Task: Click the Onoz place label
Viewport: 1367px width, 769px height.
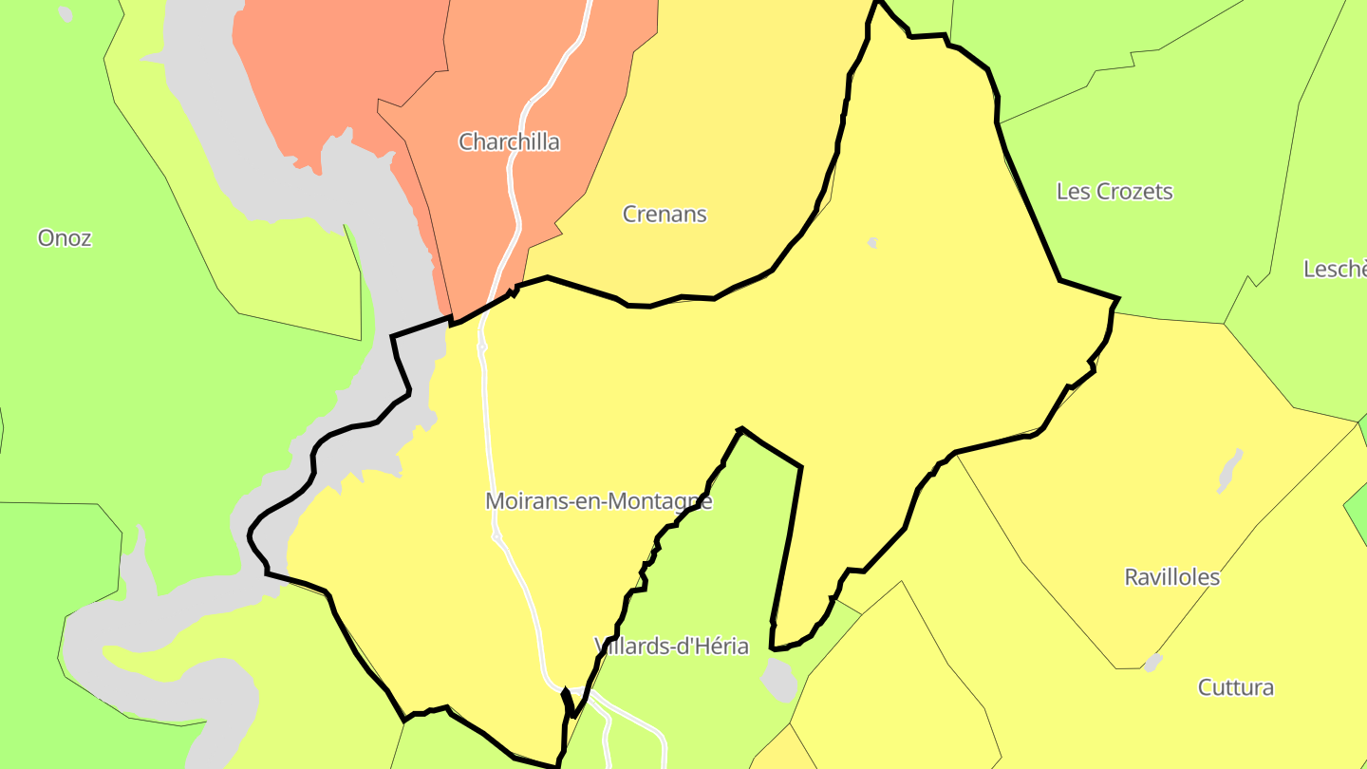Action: click(65, 237)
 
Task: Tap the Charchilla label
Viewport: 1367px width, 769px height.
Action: click(509, 142)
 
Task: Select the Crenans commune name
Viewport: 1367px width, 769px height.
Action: click(665, 215)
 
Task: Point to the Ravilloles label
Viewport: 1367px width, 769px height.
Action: click(1171, 577)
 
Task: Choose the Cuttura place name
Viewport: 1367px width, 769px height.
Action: click(1235, 687)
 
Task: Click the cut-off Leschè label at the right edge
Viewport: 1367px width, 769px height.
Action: click(1335, 270)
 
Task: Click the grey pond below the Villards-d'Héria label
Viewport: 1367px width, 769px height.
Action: click(779, 680)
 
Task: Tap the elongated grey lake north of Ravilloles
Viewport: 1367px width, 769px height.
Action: click(1229, 471)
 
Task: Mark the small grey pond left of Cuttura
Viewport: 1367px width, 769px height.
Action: click(1152, 662)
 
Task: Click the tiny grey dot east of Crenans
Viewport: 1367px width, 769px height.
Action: click(872, 243)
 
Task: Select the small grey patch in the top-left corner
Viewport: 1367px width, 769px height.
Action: click(65, 14)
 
